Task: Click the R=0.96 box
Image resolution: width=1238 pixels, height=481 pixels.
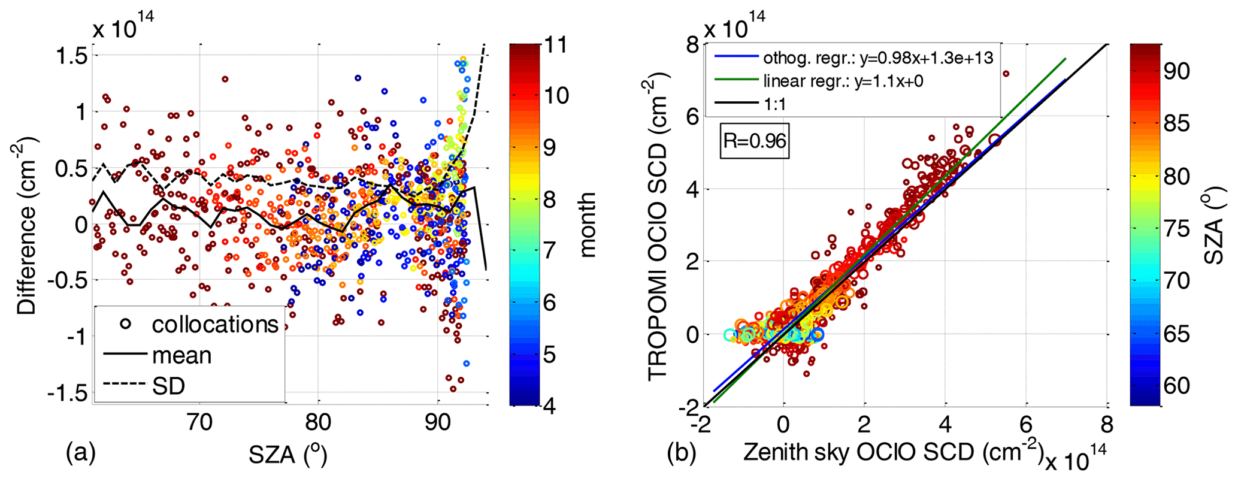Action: [x=754, y=141]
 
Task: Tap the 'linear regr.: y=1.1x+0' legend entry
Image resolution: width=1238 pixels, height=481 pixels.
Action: [x=843, y=81]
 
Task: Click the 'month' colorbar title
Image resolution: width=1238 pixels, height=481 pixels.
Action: [x=588, y=225]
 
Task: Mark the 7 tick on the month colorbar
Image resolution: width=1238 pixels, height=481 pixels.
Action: [x=549, y=250]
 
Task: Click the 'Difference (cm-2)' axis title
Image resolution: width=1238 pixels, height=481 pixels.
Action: [x=28, y=225]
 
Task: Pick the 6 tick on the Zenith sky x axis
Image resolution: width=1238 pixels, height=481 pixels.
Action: [x=1026, y=424]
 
